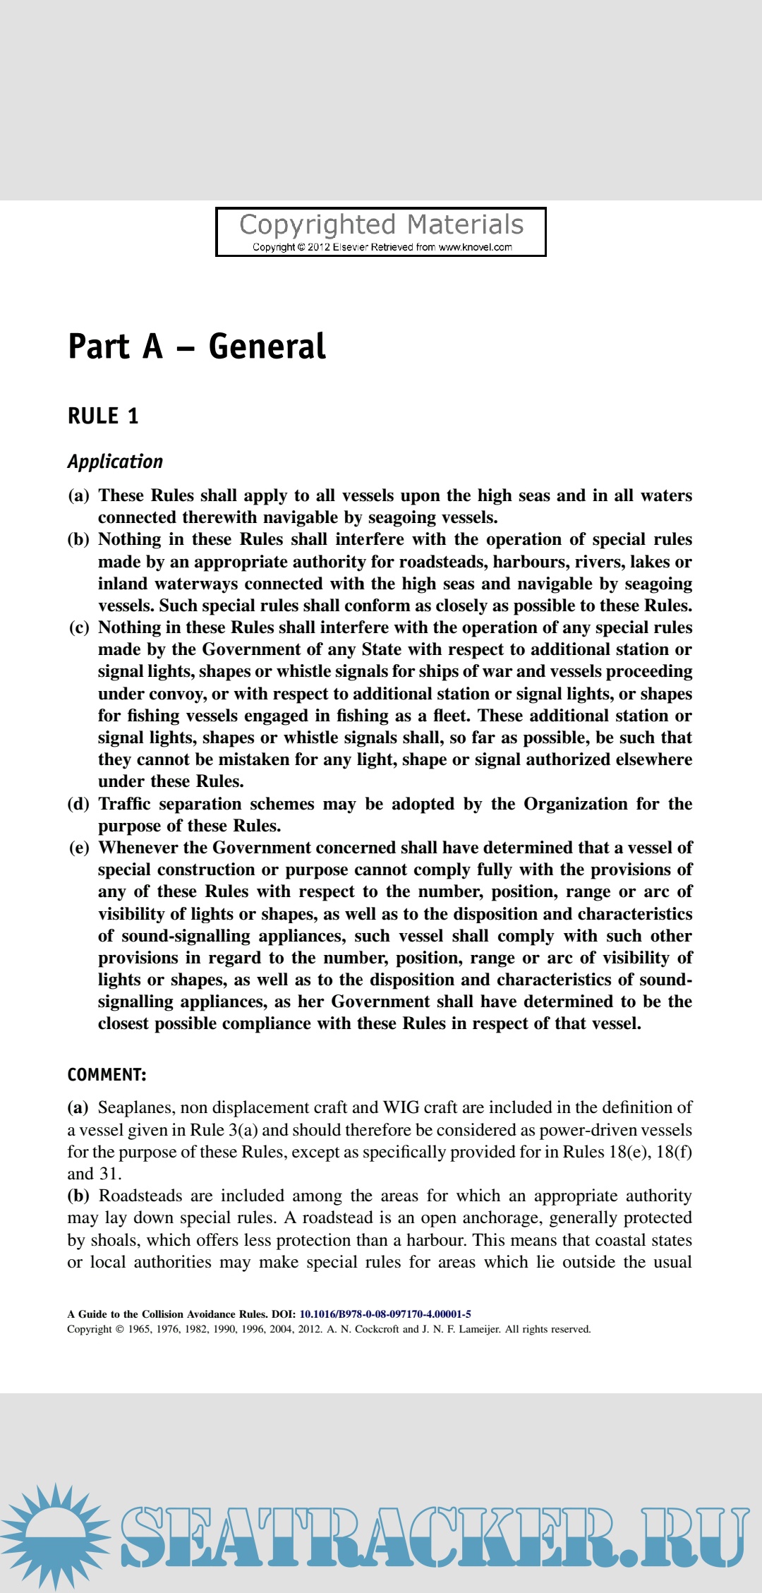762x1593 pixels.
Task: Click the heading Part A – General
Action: click(197, 347)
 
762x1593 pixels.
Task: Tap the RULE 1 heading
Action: click(103, 416)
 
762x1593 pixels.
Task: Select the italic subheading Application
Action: click(115, 462)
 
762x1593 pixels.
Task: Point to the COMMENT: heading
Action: click(107, 1075)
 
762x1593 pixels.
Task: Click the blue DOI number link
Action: click(385, 1314)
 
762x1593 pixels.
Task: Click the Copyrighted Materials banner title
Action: click(381, 225)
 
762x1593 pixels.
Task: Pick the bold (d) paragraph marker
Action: click(78, 804)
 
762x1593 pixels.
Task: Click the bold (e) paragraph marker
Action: click(78, 848)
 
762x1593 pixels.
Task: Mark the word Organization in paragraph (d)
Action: click(575, 804)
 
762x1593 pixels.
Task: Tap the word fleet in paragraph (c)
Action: click(449, 716)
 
